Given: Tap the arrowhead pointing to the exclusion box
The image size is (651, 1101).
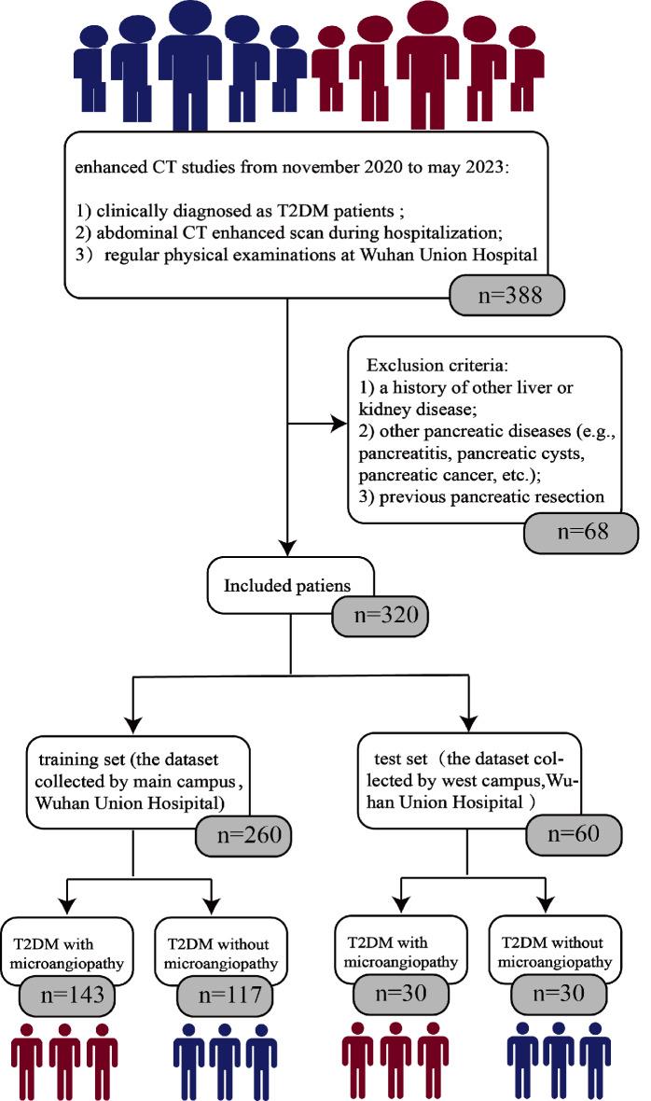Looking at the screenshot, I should [x=339, y=425].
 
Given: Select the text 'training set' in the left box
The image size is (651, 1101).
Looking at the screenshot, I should [x=74, y=750].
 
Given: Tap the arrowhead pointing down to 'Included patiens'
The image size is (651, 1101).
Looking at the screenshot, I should [x=287, y=548].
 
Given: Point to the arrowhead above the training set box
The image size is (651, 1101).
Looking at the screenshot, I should [x=136, y=721].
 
